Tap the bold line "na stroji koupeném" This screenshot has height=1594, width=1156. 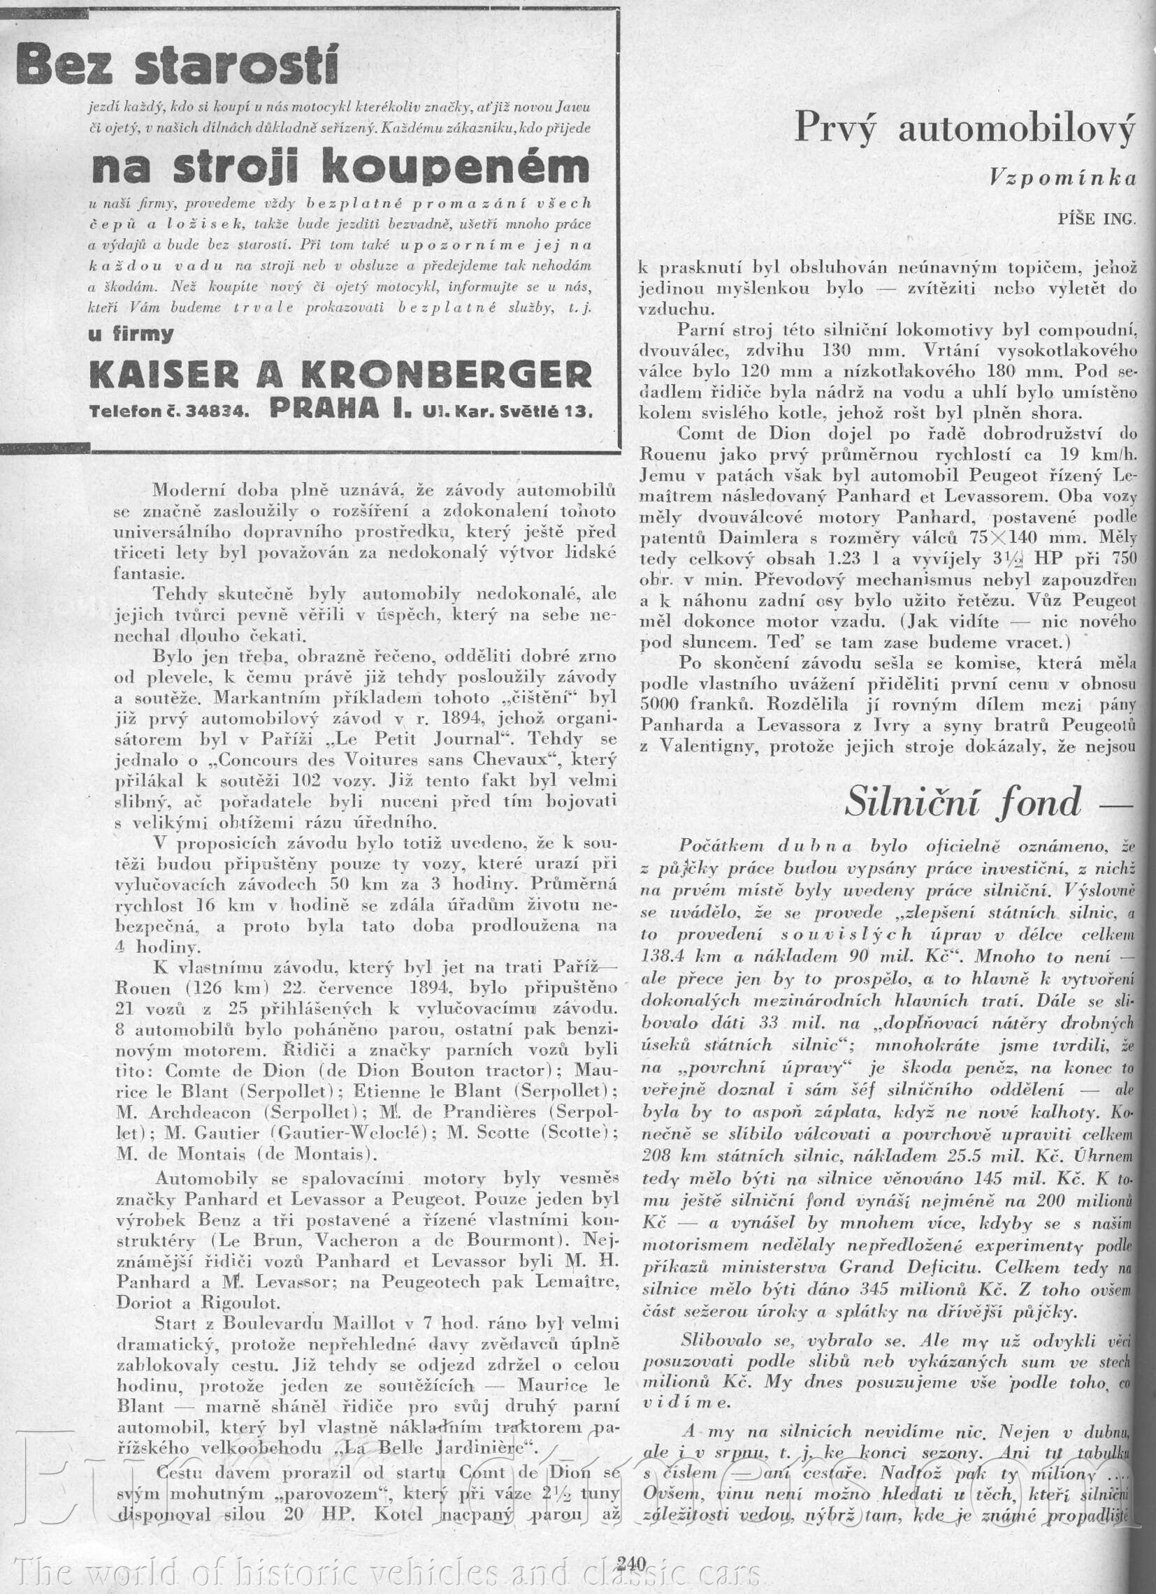click(x=341, y=167)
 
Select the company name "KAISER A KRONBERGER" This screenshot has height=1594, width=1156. click(x=340, y=374)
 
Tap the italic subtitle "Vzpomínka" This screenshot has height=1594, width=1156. click(x=1062, y=178)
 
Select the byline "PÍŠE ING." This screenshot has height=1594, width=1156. click(x=1095, y=219)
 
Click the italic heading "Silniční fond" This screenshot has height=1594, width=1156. click(x=962, y=802)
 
